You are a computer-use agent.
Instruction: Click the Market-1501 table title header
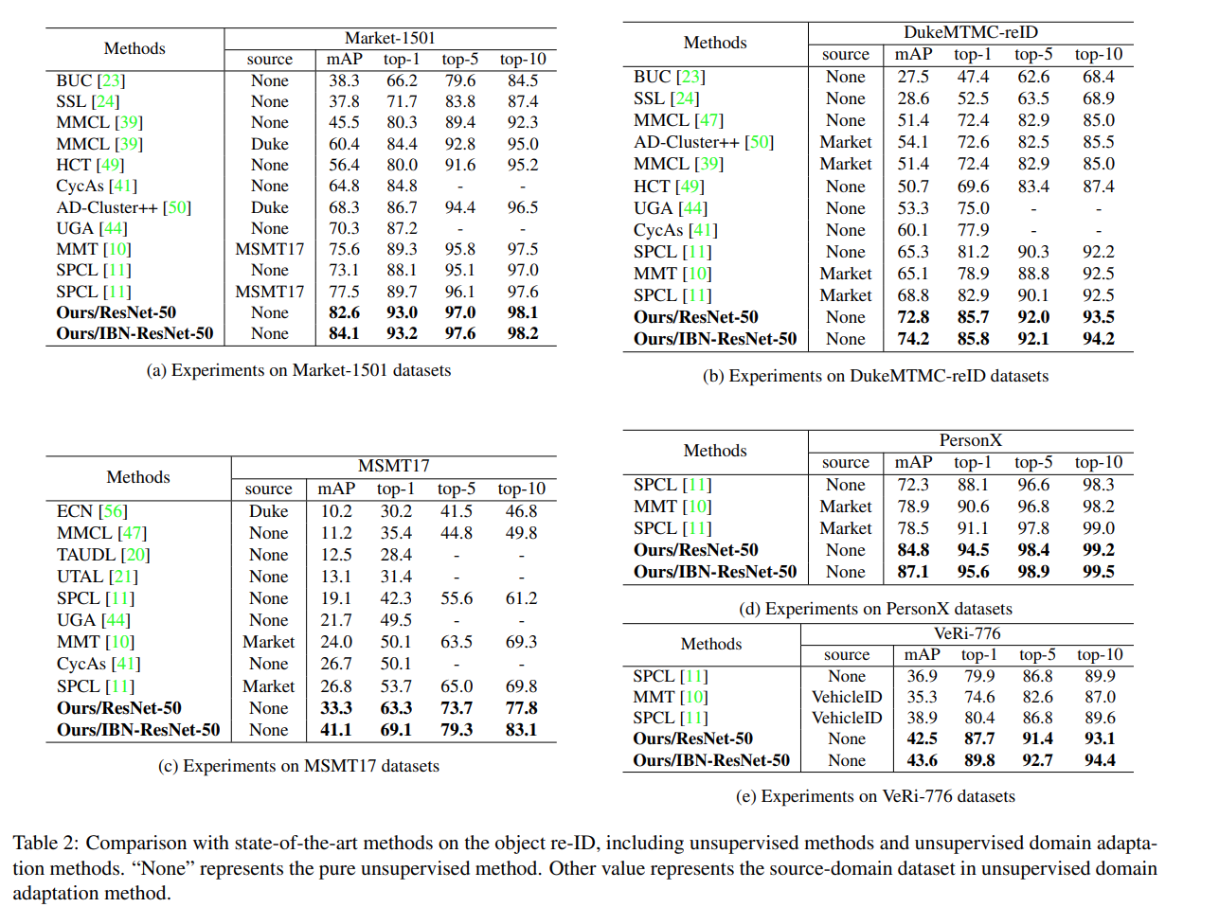pyautogui.click(x=389, y=38)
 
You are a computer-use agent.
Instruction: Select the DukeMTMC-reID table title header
pyautogui.click(x=970, y=32)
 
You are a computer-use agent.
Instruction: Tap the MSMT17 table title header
pyautogui.click(x=393, y=466)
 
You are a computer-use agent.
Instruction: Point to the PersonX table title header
pyautogui.click(x=970, y=440)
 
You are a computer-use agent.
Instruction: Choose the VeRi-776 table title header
pyautogui.click(x=966, y=633)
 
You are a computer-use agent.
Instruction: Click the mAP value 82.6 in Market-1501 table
pyautogui.click(x=344, y=312)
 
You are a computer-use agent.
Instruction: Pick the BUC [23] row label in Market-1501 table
pyautogui.click(x=90, y=80)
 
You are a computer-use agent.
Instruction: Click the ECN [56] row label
pyautogui.click(x=91, y=511)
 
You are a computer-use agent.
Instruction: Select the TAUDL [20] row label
pyautogui.click(x=103, y=555)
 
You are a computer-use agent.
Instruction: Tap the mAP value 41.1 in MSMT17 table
pyautogui.click(x=335, y=730)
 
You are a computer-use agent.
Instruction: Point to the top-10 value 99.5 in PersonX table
pyautogui.click(x=1098, y=572)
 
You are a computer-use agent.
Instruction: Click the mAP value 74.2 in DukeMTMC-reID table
pyautogui.click(x=913, y=339)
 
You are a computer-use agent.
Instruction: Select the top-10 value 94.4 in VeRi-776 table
pyautogui.click(x=1099, y=760)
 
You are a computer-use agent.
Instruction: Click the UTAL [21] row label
pyautogui.click(x=97, y=577)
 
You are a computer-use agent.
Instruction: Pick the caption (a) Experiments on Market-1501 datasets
pyautogui.click(x=298, y=370)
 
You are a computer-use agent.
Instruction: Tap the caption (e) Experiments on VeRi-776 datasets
pyautogui.click(x=875, y=796)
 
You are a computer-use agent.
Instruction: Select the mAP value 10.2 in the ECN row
pyautogui.click(x=335, y=511)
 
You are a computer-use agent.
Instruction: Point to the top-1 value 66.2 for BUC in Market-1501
pyautogui.click(x=402, y=80)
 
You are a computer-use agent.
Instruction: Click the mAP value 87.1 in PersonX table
pyautogui.click(x=913, y=572)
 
